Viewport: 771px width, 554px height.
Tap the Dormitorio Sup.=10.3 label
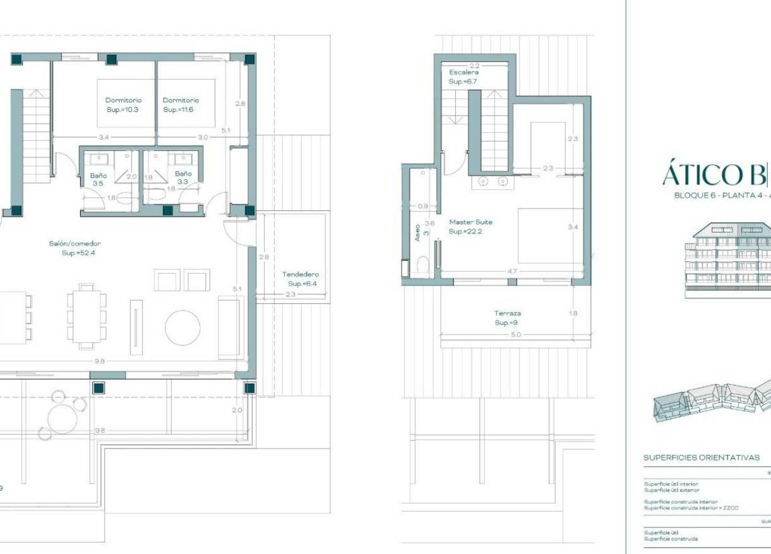123,105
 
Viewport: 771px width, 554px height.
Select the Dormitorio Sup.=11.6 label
181,105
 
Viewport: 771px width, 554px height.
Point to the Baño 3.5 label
99,179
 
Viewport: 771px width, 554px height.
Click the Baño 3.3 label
183,178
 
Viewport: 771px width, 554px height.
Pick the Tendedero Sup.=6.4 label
301,279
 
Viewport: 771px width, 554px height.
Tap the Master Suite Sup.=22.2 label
470,227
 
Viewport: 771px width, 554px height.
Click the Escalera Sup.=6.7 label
463,77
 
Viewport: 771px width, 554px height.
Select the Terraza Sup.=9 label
508,318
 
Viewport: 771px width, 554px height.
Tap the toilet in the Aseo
422,265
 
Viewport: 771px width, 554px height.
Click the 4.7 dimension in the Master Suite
513,271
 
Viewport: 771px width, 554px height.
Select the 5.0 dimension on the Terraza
516,335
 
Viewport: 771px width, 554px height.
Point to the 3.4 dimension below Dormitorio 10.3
104,137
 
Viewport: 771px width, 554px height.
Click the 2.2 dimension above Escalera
474,66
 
